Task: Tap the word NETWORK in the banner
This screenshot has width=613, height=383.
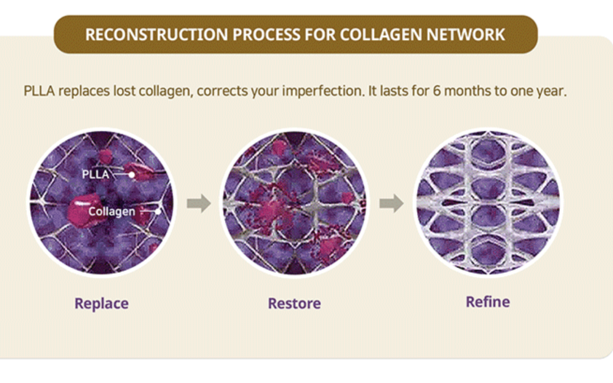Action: pyautogui.click(x=465, y=35)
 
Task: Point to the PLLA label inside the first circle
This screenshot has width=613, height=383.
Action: pyautogui.click(x=95, y=174)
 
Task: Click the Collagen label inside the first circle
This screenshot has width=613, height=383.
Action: pyautogui.click(x=112, y=212)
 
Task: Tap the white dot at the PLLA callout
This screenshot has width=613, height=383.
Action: pyautogui.click(x=132, y=175)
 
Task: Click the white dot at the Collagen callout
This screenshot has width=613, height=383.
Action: pyautogui.click(x=158, y=212)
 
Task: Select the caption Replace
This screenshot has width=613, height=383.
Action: pyautogui.click(x=102, y=304)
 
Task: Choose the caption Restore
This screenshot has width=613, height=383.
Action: pyautogui.click(x=295, y=303)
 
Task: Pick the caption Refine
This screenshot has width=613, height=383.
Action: pyautogui.click(x=488, y=302)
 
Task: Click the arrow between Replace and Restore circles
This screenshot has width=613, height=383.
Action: pyautogui.click(x=199, y=203)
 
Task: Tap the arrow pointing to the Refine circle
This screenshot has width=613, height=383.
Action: pyautogui.click(x=391, y=203)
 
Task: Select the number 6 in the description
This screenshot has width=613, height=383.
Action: pyautogui.click(x=436, y=91)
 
